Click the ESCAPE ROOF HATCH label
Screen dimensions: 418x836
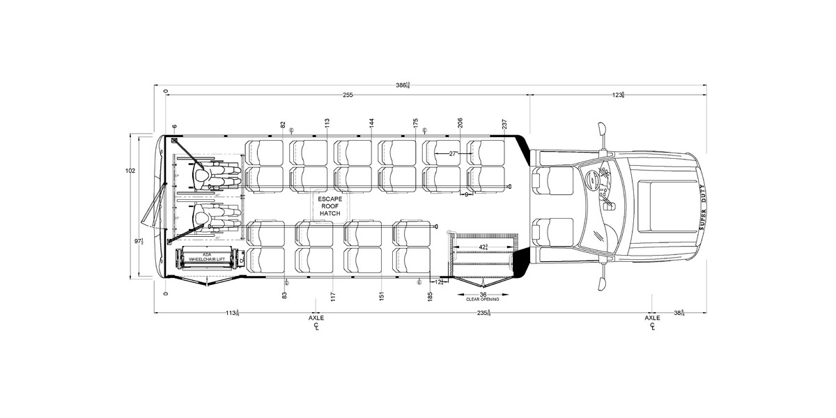click(x=329, y=206)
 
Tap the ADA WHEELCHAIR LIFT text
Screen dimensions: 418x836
click(x=206, y=257)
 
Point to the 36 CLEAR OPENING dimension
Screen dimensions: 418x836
click(x=482, y=295)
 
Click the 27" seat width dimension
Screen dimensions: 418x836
click(x=453, y=153)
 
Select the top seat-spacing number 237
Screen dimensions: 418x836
click(x=504, y=124)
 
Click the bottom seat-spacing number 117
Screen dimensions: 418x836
click(x=334, y=296)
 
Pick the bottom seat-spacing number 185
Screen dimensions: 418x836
click(x=430, y=296)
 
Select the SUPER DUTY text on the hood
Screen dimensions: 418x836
click(x=702, y=207)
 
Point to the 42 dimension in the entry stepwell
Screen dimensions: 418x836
click(x=483, y=247)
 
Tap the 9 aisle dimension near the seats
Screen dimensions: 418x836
click(x=466, y=194)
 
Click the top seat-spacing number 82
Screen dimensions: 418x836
click(x=283, y=125)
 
